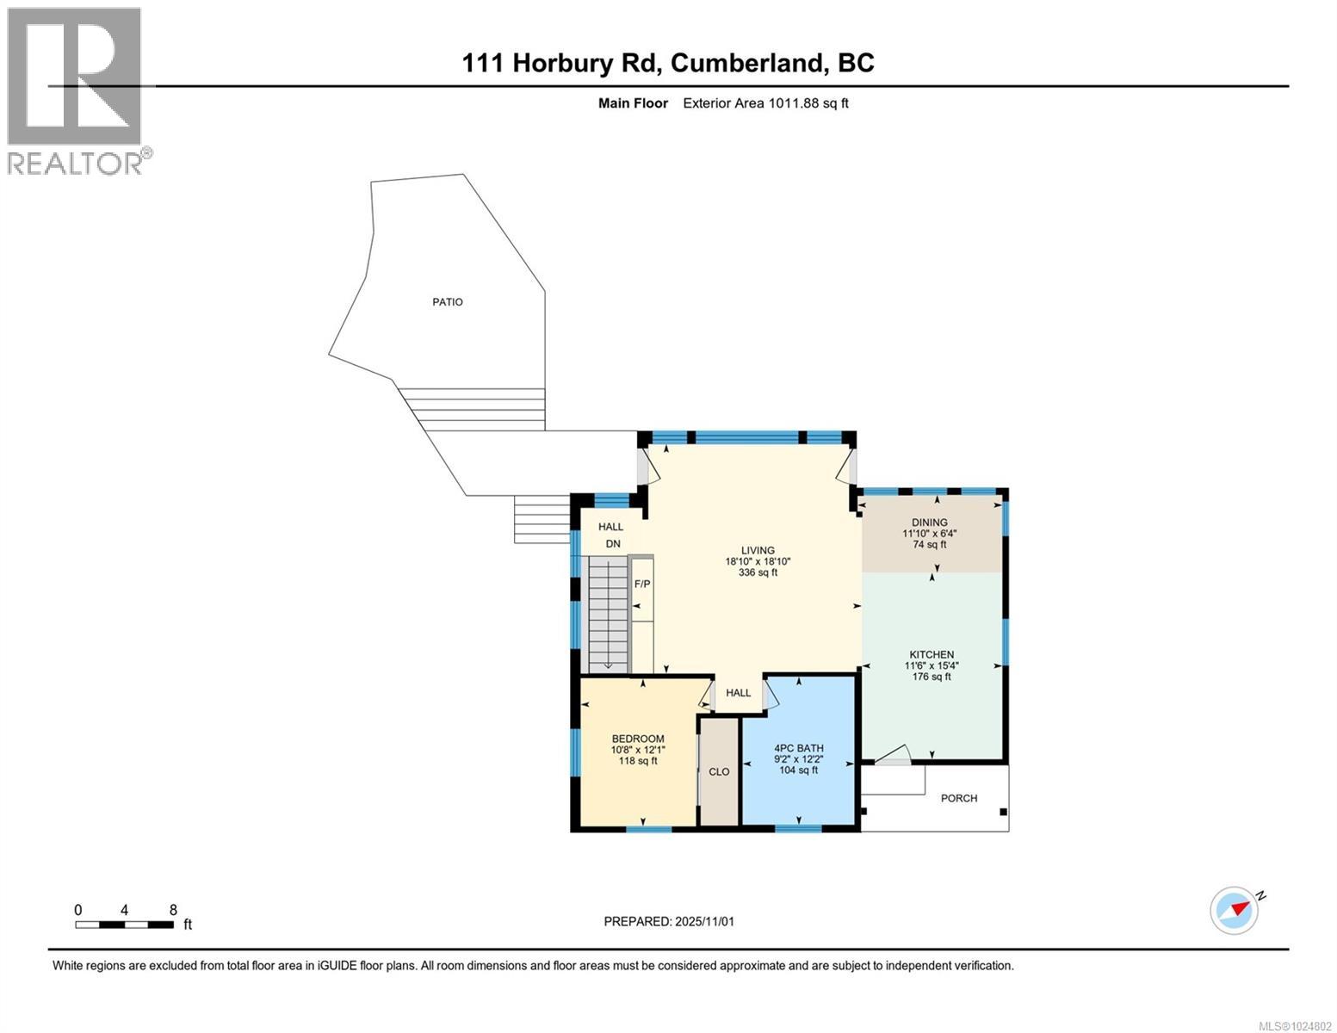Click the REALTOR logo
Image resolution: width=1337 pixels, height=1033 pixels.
pos(76,90)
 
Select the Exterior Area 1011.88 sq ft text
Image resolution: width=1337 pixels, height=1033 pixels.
pos(765,103)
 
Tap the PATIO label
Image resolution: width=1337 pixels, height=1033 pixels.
pos(447,302)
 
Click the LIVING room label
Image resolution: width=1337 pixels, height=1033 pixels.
pos(758,551)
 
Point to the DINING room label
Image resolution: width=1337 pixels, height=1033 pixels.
pos(929,523)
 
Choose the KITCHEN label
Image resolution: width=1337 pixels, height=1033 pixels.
pos(932,655)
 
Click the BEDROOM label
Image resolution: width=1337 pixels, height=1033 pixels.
pos(637,739)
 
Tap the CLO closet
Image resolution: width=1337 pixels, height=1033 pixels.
pos(719,772)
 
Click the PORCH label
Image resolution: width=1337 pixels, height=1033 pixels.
pos(958,798)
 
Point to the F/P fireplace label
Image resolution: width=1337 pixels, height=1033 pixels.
pos(642,585)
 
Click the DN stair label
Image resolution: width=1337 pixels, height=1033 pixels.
pos(612,544)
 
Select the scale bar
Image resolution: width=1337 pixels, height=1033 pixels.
pos(124,925)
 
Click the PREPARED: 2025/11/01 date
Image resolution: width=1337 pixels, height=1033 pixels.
pos(669,921)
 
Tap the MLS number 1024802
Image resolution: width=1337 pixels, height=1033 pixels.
pos(1297,1025)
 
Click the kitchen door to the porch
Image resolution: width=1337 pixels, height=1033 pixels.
pos(893,755)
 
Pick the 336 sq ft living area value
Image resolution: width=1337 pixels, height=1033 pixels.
pos(758,572)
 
